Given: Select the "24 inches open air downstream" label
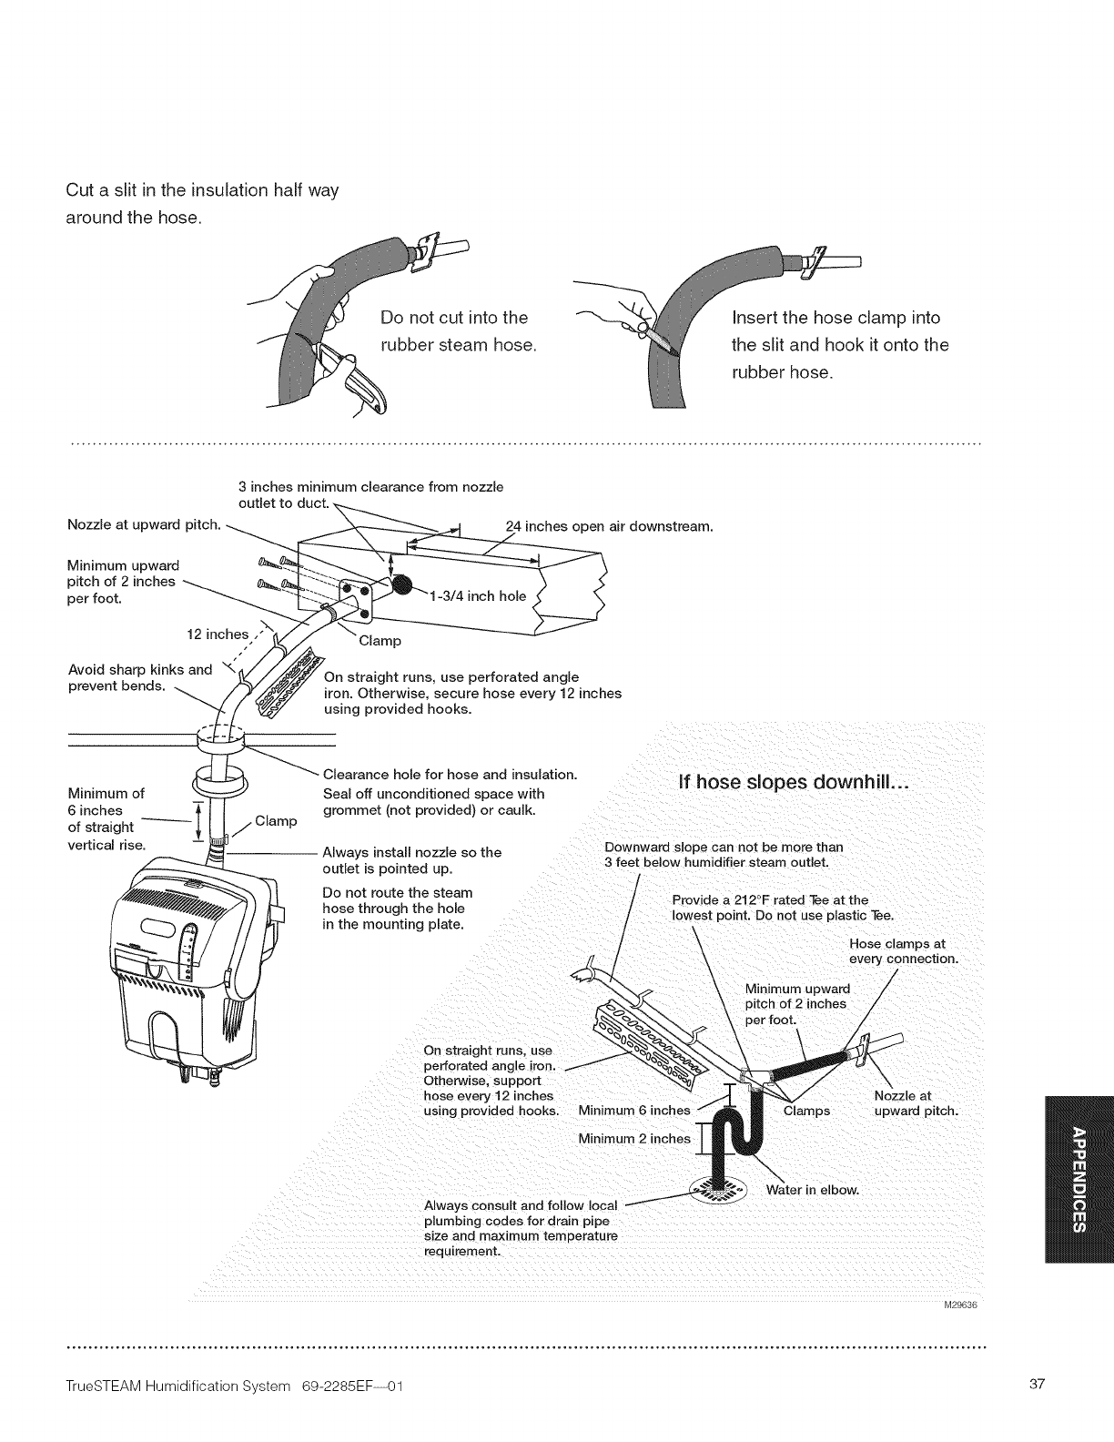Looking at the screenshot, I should coord(608,526).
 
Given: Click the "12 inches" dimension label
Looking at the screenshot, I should coord(218,634).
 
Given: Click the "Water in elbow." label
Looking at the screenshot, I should coord(813,1190).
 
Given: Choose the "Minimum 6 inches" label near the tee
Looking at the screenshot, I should coord(634,1110).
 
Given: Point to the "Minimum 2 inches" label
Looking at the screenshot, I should coord(634,1139).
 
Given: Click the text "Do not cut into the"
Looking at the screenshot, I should coord(454,318).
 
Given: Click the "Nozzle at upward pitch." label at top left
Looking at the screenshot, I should coord(145,523).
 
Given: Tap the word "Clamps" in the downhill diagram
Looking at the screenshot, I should coord(806,1110).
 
